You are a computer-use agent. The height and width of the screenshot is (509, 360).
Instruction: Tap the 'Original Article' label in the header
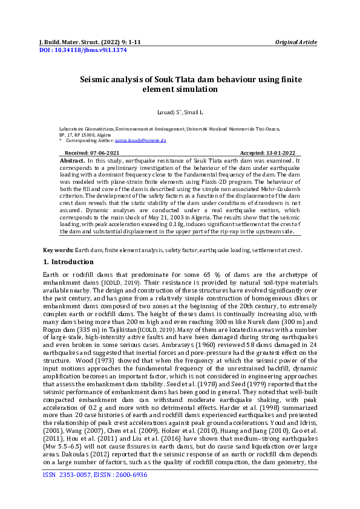pyautogui.click(x=296, y=42)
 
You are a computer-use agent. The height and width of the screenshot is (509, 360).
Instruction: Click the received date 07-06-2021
pyautogui.click(x=105, y=154)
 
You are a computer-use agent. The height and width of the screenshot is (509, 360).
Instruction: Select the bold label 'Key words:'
pyautogui.click(x=57, y=250)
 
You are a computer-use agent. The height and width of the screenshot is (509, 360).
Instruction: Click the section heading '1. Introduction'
pyautogui.click(x=68, y=262)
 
